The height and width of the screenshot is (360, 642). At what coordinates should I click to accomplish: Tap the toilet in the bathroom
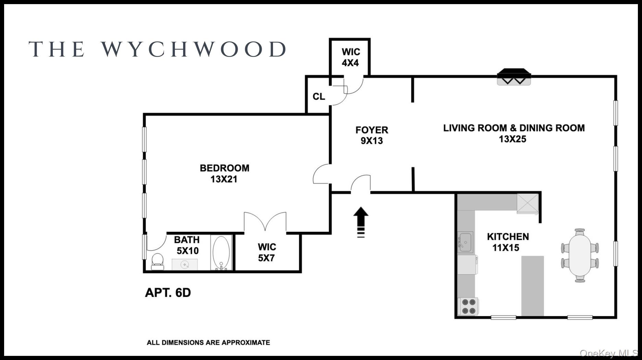pos(158,262)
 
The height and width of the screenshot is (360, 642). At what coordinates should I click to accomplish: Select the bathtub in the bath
pos(221,253)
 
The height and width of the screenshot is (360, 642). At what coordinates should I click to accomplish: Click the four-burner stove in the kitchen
pos(468,306)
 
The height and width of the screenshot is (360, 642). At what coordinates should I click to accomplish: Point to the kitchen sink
pos(465,242)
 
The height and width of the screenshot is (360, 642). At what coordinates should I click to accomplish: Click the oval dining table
pos(580,255)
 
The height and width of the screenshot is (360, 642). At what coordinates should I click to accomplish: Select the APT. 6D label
pos(168,292)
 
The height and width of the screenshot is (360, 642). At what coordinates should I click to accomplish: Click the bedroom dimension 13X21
pos(224,179)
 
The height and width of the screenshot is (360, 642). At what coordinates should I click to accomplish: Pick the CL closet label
pos(319,97)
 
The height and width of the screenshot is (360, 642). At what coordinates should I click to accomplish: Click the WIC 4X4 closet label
pos(350,57)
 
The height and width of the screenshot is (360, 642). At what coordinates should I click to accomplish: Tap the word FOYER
pos(372,130)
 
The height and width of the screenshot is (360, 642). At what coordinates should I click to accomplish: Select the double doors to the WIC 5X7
pos(265,222)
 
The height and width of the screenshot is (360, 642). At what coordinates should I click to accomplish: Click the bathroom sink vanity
pos(185,265)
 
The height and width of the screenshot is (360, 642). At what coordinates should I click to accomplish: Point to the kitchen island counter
pos(532,286)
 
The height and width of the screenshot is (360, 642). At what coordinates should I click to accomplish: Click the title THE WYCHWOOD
pos(158,49)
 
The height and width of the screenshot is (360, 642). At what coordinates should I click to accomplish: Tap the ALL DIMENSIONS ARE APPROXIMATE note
pos(208,343)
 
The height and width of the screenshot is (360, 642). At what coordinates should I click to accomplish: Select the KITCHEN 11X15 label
pos(508,242)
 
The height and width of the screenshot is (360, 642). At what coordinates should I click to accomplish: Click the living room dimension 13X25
pos(512,139)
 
